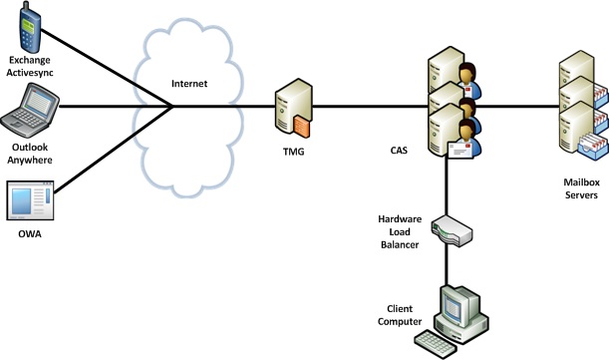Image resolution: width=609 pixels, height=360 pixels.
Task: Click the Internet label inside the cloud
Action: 189,84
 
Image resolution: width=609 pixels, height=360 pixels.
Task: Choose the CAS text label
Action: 398,151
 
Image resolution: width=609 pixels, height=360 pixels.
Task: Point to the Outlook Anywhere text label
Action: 35,152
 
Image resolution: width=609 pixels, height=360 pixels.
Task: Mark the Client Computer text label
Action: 398,314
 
